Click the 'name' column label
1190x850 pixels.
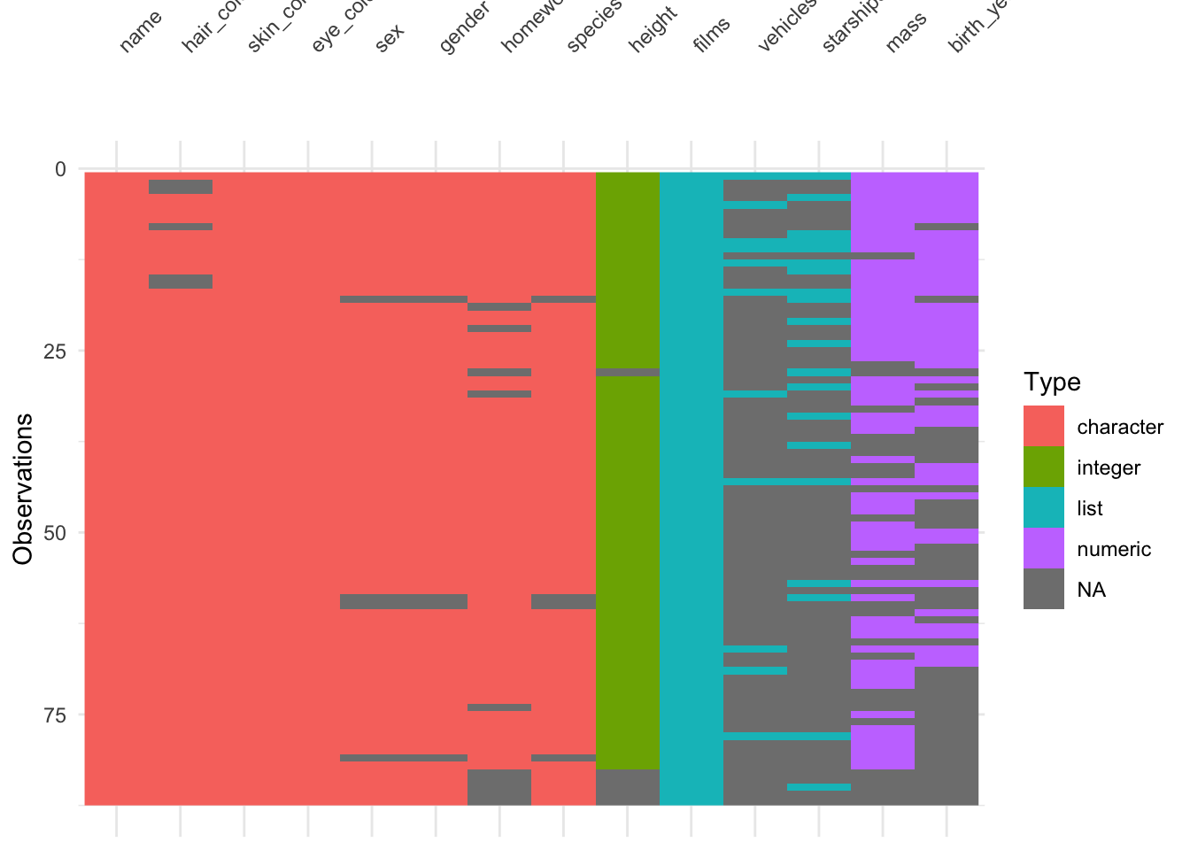coord(140,32)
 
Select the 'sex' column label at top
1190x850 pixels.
coord(390,38)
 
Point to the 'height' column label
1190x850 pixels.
coord(653,29)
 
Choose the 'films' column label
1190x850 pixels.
coord(712,35)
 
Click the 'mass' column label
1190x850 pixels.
coord(906,32)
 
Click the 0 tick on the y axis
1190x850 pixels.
coord(61,169)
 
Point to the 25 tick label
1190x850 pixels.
coord(55,351)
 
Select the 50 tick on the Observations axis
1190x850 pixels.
coord(55,532)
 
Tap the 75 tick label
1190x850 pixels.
coord(55,715)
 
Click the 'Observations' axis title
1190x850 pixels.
coord(23,488)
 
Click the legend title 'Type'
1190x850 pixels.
coord(1052,382)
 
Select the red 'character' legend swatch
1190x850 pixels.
coord(1044,427)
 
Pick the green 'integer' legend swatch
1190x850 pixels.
coord(1044,467)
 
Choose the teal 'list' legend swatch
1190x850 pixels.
coord(1044,508)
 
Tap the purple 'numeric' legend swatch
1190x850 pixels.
coord(1044,549)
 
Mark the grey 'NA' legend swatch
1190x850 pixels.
coord(1044,590)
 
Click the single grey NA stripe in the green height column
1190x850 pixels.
coord(628,373)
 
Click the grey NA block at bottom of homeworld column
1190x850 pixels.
coord(499,787)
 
